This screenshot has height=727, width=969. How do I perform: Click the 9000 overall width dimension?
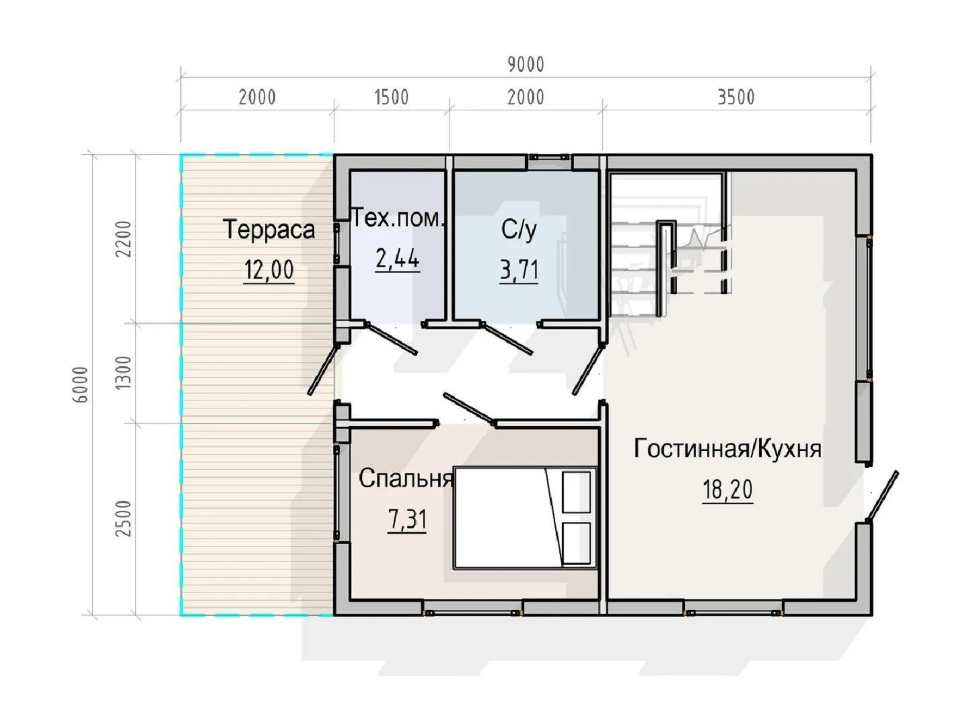526,65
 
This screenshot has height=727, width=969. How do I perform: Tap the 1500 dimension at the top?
392,98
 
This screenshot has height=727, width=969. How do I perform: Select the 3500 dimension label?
736,98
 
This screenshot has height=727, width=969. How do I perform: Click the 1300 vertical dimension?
123,372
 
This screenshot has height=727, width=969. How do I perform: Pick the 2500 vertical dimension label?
123,518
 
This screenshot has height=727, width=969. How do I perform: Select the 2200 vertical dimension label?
123,239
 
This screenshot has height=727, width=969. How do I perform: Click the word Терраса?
269,230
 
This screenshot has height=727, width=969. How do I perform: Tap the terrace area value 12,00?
269,270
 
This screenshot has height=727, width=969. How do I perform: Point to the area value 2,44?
397,258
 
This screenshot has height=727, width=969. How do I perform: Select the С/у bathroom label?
519,230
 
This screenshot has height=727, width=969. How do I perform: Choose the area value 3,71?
519,270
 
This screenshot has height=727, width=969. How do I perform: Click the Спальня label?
406,479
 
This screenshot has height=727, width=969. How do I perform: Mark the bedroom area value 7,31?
407,519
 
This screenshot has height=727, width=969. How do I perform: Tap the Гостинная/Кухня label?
727,449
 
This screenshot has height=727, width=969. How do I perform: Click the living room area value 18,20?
727,489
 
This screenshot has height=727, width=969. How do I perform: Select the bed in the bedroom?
526,518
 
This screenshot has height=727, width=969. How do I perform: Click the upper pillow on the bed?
576,492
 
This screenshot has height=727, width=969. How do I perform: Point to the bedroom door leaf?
469,409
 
